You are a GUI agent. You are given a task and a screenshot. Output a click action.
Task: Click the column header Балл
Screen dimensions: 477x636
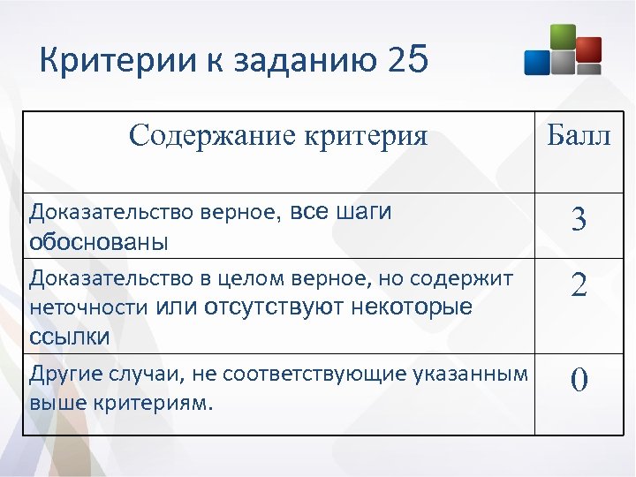point(579,136)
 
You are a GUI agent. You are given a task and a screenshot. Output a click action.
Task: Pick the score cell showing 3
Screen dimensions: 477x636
point(579,219)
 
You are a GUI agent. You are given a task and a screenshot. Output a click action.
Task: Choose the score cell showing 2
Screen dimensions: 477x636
point(579,285)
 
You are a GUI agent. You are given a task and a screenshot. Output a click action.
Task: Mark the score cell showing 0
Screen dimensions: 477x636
point(579,380)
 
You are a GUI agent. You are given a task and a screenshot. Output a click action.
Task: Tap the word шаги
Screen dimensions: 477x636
point(366,212)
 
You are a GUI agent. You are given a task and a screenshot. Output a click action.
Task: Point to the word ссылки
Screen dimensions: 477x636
point(70,337)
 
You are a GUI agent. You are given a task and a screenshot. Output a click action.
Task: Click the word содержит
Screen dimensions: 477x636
point(470,279)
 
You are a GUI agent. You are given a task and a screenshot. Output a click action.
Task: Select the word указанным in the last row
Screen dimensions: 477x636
point(476,375)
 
